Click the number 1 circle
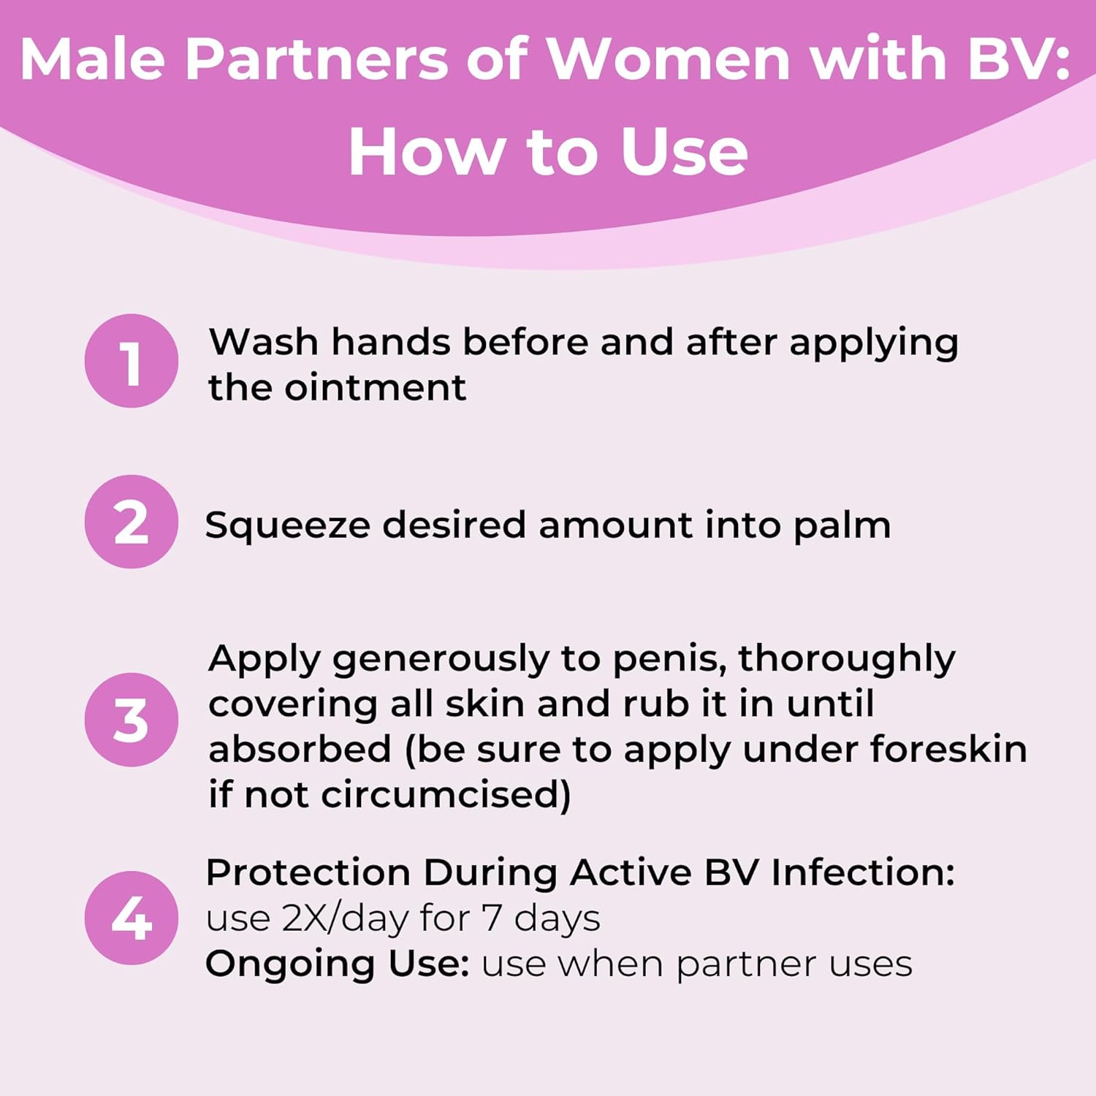pyautogui.click(x=132, y=361)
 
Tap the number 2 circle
pyautogui.click(x=132, y=522)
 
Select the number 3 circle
pyautogui.click(x=132, y=720)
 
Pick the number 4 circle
pyautogui.click(x=132, y=918)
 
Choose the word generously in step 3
pyautogui.click(x=439, y=660)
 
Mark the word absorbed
pyautogui.click(x=300, y=750)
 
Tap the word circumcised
pyautogui.click(x=445, y=795)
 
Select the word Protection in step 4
pyautogui.click(x=308, y=872)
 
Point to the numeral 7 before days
pyautogui.click(x=491, y=918)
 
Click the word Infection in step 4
pyautogui.click(x=862, y=872)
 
